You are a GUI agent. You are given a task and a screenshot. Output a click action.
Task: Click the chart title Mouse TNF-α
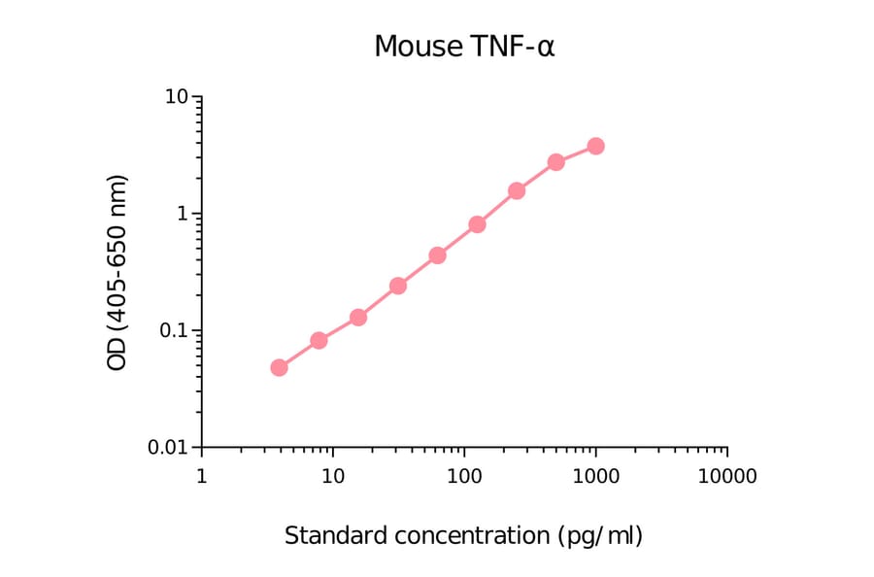[x=464, y=47]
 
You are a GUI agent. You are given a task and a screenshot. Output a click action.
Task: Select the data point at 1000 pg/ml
[x=595, y=146]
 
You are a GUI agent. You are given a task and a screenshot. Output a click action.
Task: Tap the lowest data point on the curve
[x=279, y=367]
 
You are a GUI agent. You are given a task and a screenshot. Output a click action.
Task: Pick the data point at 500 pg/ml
[x=555, y=162]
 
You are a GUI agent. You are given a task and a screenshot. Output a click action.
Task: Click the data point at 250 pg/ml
[x=517, y=190]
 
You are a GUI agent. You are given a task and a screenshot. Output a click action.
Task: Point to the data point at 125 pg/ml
[x=477, y=224]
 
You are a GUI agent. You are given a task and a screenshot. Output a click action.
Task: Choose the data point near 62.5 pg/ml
[x=437, y=255]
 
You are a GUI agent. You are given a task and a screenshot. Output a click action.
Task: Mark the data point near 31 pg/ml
[x=398, y=286]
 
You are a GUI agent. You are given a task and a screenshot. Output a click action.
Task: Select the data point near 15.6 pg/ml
[x=358, y=318]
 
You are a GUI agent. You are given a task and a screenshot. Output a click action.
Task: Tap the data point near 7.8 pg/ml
[x=319, y=340]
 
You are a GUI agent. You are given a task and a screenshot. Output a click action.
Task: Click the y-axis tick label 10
[x=177, y=98]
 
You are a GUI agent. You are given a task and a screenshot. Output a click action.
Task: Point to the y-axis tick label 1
[x=183, y=215]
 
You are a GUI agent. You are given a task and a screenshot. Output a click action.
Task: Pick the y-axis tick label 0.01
[x=168, y=448]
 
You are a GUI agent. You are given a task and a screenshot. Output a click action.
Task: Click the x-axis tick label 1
[x=201, y=477]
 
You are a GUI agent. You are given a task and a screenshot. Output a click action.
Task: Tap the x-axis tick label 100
[x=464, y=477]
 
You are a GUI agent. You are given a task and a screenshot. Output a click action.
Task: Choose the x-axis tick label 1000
[x=595, y=477]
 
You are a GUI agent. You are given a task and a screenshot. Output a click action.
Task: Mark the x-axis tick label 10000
[x=726, y=477]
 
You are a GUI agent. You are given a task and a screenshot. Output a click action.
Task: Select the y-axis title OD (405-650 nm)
[x=118, y=273]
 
